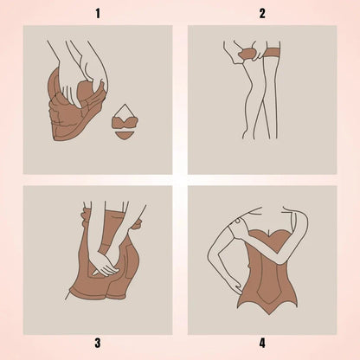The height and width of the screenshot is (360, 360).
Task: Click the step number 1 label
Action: tap(98, 14)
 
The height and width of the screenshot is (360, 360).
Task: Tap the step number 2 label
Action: tap(262, 14)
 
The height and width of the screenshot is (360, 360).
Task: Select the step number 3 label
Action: tap(98, 344)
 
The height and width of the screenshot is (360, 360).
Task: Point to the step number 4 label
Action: tap(262, 344)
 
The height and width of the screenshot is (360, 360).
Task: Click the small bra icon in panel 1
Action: tap(125, 123)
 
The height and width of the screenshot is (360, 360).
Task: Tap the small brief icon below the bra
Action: tap(125, 135)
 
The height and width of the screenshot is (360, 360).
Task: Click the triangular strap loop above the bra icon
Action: tap(125, 110)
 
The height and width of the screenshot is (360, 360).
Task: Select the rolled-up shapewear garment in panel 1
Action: tap(76, 106)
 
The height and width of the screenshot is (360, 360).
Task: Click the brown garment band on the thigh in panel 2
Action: tap(273, 53)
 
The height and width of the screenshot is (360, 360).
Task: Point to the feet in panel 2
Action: tap(260, 134)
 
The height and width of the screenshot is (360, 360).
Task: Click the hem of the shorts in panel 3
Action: tap(98, 293)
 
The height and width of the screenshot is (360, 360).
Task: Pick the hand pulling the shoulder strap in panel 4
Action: tap(241, 228)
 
